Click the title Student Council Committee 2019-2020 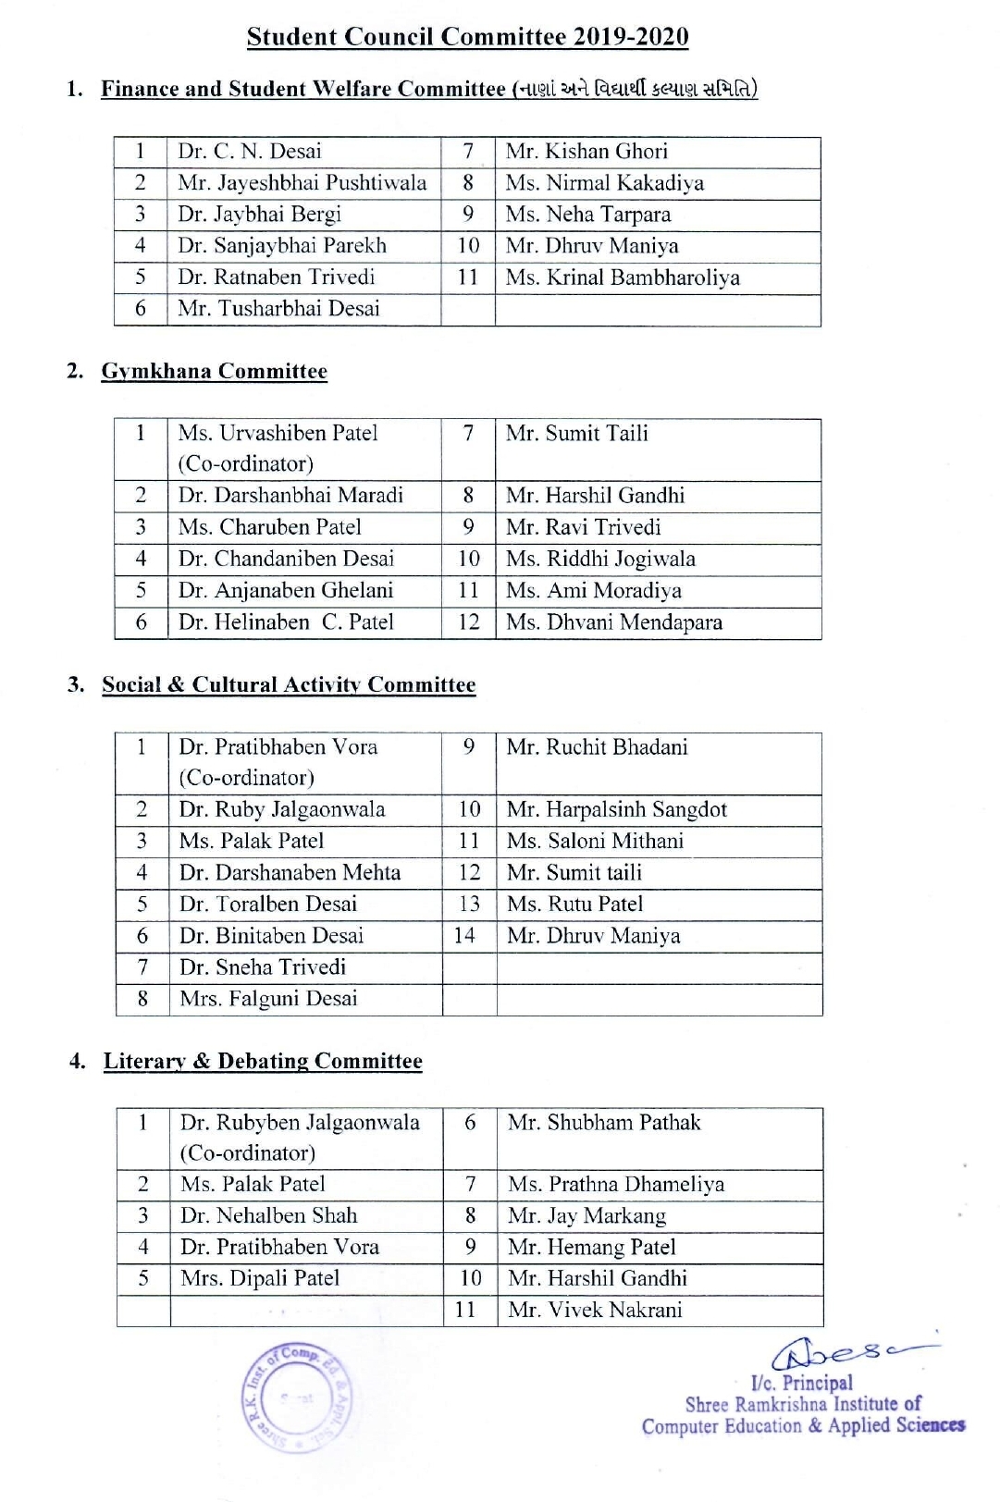467,37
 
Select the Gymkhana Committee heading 214,372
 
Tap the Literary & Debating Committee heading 263,1061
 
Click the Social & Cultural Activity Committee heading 289,685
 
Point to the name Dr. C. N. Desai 250,152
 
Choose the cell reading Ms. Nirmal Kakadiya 604,183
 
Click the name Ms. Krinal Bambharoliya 623,277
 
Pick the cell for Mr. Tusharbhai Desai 278,309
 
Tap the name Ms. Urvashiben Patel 278,433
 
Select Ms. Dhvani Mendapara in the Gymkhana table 614,622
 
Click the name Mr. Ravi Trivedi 584,527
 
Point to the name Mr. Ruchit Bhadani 598,747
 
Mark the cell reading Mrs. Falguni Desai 268,999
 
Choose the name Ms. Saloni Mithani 596,842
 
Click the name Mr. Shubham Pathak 604,1123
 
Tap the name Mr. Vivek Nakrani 595,1311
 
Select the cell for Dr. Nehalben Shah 268,1216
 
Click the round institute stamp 296,1397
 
